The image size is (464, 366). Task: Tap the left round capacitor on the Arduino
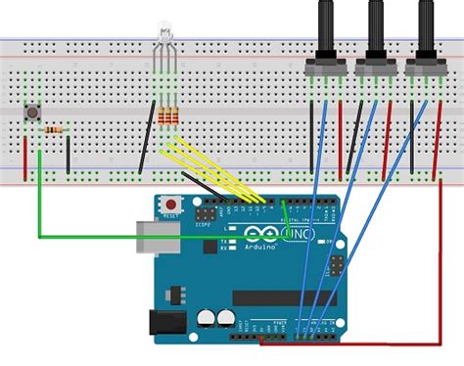207,318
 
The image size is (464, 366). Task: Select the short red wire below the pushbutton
39,152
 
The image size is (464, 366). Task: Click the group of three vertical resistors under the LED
168,117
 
